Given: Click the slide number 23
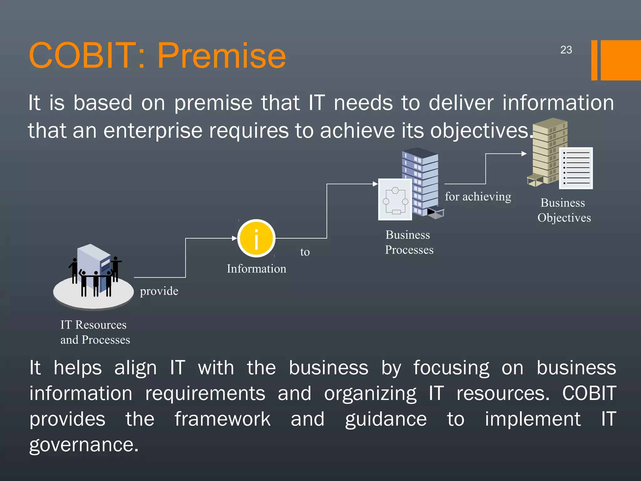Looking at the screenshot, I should pyautogui.click(x=566, y=50).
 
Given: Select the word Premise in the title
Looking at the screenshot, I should pyautogui.click(x=221, y=56).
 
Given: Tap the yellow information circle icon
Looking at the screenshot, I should pyautogui.click(x=256, y=238).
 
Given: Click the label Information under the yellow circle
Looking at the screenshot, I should pyautogui.click(x=256, y=269).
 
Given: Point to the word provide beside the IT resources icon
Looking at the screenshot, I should pyautogui.click(x=159, y=291).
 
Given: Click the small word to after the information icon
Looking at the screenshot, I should pyautogui.click(x=305, y=252).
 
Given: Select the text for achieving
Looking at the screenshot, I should pyautogui.click(x=478, y=197).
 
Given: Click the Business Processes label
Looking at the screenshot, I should pyautogui.click(x=409, y=242).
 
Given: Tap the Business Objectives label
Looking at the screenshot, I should pyautogui.click(x=564, y=210).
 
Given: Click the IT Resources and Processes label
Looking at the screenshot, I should pyautogui.click(x=95, y=332).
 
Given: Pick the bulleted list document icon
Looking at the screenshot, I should pyautogui.click(x=576, y=168).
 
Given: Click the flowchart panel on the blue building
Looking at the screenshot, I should pyautogui.click(x=395, y=199).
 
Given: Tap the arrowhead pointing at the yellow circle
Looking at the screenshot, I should pyautogui.click(x=234, y=238).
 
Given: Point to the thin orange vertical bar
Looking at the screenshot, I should pyautogui.click(x=594, y=60).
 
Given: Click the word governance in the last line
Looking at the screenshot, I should pyautogui.click(x=84, y=445).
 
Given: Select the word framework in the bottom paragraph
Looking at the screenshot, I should pyautogui.click(x=223, y=419).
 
